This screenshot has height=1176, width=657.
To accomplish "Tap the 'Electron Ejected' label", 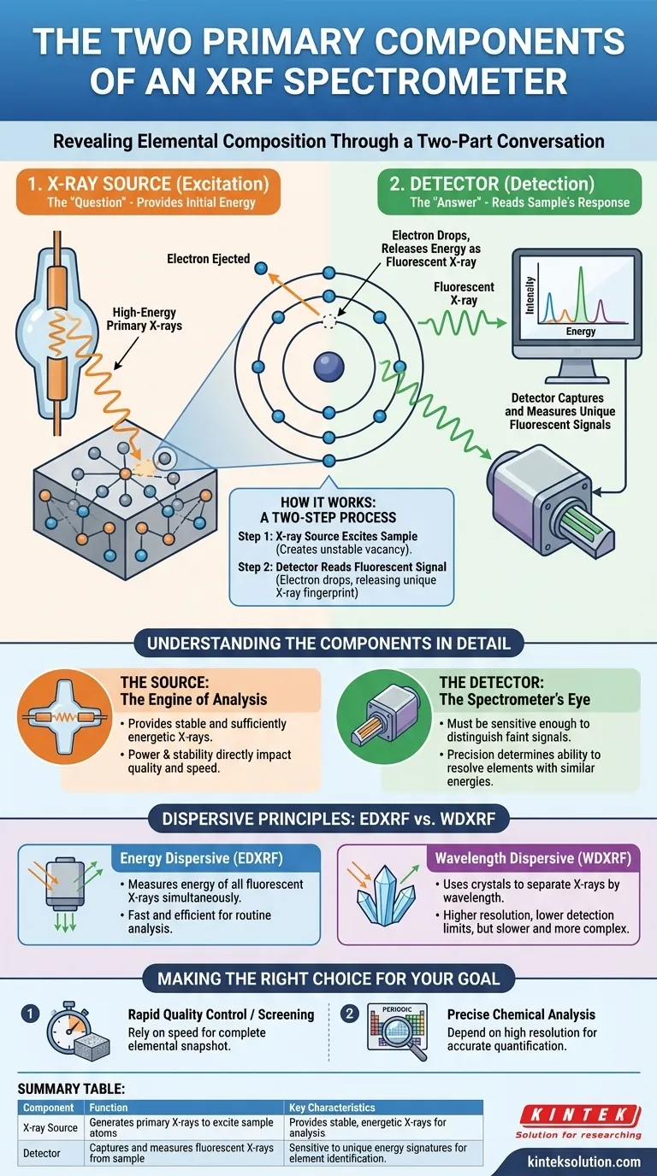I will coord(209,259).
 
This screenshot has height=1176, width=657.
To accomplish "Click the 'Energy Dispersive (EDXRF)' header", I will coord(213,859).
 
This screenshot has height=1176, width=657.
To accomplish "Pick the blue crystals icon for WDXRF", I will coord(380,905).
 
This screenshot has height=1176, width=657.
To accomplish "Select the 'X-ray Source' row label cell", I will coord(50,1127).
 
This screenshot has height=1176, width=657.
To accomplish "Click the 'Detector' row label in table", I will coord(42,1153).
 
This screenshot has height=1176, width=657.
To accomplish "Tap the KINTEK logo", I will coord(579,1114).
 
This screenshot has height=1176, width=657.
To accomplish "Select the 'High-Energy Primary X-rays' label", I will coord(138,319).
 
